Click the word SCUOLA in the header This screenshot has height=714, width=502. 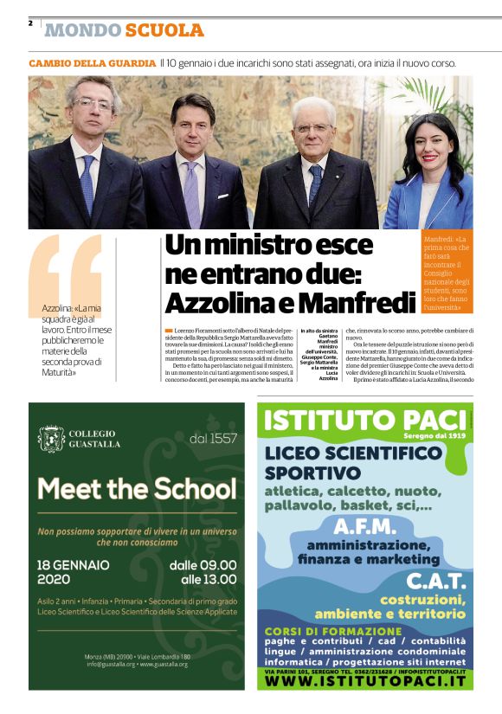164,31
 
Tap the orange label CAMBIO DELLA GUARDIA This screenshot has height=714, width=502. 92,64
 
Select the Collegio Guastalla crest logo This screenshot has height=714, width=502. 51,439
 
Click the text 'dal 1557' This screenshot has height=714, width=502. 212,439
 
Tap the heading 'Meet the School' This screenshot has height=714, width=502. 137,489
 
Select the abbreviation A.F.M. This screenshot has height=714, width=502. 365,527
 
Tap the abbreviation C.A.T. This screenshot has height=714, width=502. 436,580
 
